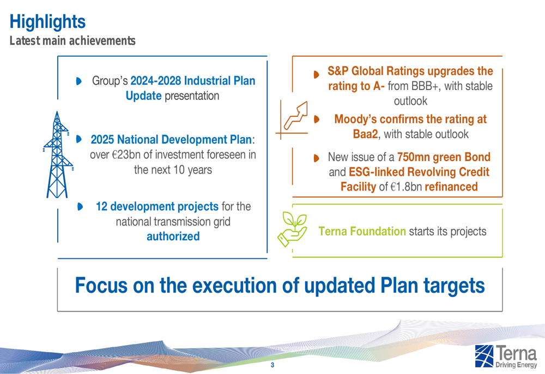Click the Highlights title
tap(47, 22)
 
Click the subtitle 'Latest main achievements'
tap(72, 41)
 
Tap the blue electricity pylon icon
tap(58, 155)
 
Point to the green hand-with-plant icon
tap(292, 229)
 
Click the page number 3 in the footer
tap(272, 365)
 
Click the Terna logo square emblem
tap(484, 356)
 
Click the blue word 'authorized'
tap(173, 236)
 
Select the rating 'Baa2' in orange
tap(365, 134)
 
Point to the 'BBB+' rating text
tap(421, 86)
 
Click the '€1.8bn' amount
tap(406, 187)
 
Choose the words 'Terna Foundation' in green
tap(362, 231)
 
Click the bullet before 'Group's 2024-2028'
tap(79, 81)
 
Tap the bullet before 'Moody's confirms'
tap(316, 120)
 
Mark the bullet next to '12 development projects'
tap(80, 206)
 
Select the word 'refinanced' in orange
tap(451, 187)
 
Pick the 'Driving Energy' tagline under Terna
tap(516, 365)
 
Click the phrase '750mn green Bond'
tap(444, 157)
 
